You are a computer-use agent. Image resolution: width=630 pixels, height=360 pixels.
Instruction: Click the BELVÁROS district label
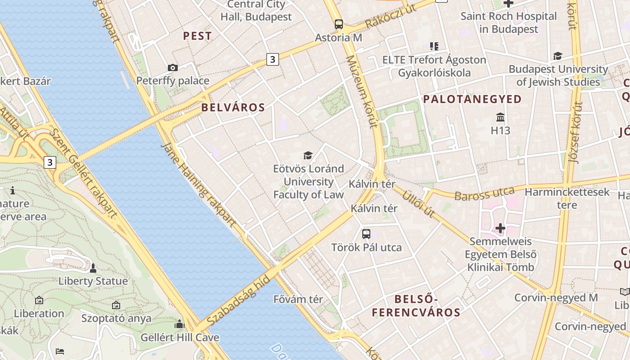[x=233, y=108]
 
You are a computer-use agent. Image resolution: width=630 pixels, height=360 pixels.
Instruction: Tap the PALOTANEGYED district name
[x=472, y=99]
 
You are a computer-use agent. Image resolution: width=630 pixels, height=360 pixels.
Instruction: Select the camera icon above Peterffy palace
[x=172, y=68]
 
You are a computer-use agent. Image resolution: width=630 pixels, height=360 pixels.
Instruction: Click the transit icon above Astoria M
[x=338, y=24]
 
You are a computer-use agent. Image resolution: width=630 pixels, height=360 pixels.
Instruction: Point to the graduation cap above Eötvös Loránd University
[x=308, y=156]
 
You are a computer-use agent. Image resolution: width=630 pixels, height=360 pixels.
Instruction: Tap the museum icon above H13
[x=500, y=118]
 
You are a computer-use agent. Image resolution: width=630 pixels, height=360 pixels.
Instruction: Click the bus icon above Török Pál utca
[x=366, y=234]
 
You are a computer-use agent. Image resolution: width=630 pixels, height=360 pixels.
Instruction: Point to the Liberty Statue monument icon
[x=93, y=269]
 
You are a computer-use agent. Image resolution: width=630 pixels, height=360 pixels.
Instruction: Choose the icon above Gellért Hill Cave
[x=180, y=324]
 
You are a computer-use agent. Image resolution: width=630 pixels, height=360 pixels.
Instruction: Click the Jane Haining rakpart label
[x=198, y=184]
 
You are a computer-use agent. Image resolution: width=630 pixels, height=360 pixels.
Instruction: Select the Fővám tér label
[x=298, y=299]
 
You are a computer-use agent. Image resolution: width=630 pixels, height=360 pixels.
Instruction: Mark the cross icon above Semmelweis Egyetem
[x=500, y=229]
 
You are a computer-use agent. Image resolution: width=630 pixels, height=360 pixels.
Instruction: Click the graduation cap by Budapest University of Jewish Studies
[x=558, y=56]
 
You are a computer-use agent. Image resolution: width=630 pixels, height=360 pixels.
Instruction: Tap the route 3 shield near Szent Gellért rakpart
[x=50, y=162]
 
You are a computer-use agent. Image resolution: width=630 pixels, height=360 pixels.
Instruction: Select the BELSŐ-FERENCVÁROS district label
[x=416, y=306]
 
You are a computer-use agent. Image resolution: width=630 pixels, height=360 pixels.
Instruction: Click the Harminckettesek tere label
[x=567, y=198]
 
